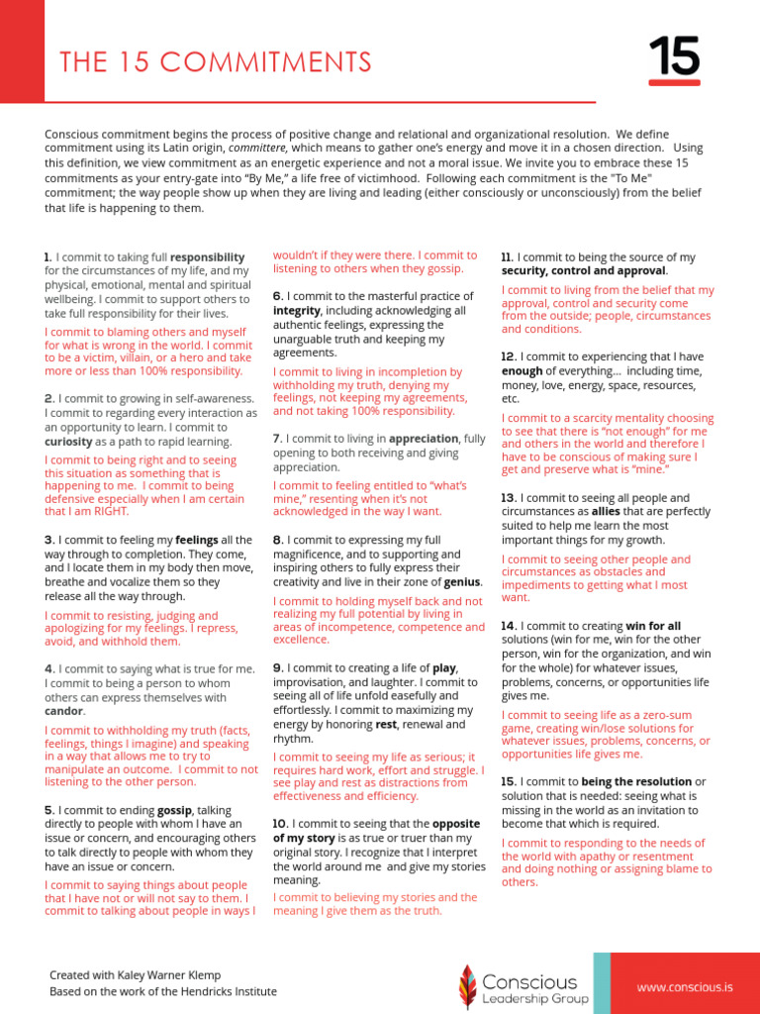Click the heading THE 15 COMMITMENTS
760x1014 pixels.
(x=215, y=62)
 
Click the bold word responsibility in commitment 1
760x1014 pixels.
(x=208, y=256)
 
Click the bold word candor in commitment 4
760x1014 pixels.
(x=63, y=711)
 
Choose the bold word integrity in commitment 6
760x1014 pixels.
(x=296, y=310)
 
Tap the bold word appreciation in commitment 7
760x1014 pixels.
(x=424, y=438)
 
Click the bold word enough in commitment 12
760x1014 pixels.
(x=522, y=370)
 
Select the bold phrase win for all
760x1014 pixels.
(x=653, y=626)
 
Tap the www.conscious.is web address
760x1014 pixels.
(x=684, y=987)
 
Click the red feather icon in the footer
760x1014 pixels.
(x=467, y=985)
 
